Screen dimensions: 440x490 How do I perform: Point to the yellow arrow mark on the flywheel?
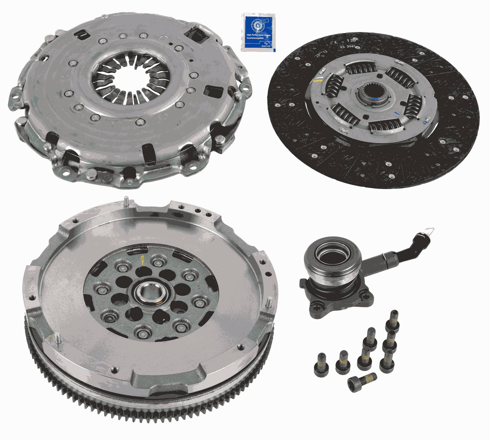(x=142, y=261)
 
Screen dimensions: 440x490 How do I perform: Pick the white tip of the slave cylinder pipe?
(x=430, y=232)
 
